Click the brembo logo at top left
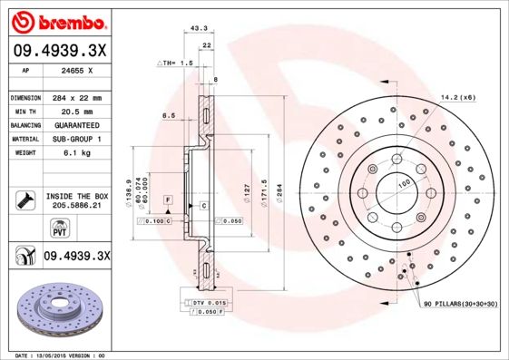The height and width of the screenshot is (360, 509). pos(60,20)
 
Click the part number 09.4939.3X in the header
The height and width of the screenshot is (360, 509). pos(60,51)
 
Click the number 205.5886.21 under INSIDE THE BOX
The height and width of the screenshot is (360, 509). pos(74,207)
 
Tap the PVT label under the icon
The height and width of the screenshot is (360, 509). pos(25,231)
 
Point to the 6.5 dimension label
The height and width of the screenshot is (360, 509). pos(168,116)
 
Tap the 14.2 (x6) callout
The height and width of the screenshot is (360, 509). pos(458,96)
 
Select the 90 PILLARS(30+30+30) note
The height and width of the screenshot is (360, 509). pos(461,306)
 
